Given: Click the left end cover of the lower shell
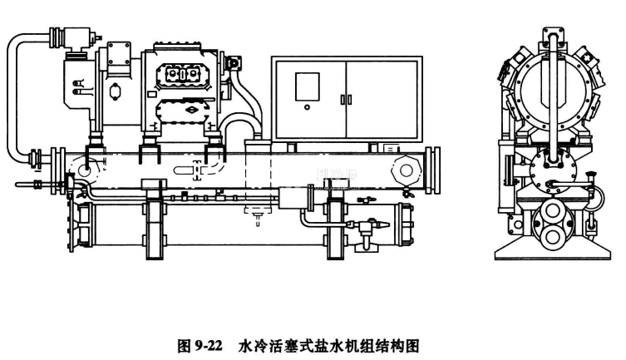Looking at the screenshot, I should [x=81, y=229].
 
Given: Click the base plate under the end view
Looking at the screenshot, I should [x=551, y=251].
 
